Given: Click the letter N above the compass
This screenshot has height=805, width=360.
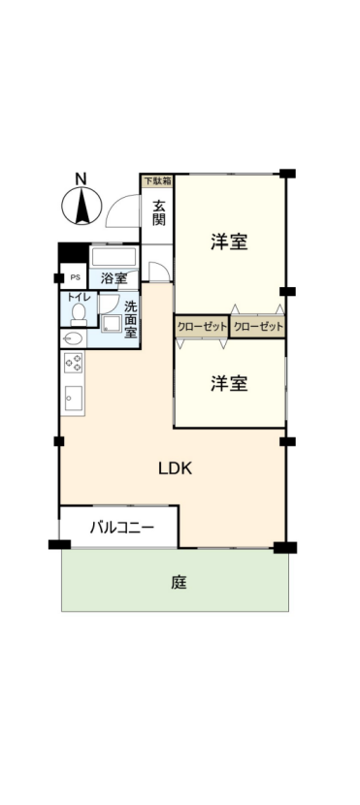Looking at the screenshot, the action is (x=81, y=179).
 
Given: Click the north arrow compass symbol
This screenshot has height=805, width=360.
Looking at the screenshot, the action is (x=82, y=206).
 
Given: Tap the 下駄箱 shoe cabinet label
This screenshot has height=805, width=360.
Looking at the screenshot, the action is (x=157, y=180).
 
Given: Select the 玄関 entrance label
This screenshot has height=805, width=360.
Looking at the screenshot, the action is (x=159, y=212).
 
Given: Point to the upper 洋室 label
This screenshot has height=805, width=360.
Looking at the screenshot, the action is (x=229, y=241).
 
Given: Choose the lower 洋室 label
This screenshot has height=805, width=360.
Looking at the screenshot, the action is (x=229, y=383).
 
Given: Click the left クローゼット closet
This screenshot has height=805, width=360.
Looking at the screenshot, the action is (x=201, y=327).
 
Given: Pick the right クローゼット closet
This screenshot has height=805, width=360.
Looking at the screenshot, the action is (x=257, y=327).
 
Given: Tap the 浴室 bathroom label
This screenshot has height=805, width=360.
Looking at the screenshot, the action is (x=114, y=278).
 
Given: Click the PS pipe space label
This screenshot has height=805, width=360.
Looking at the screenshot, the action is (x=75, y=277).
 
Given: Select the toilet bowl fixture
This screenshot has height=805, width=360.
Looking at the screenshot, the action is (x=79, y=314).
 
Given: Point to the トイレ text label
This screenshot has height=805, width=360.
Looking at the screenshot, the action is (x=76, y=297).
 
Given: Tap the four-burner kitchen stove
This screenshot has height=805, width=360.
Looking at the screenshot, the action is (x=73, y=363).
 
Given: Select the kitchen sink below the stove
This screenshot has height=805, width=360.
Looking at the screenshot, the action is (x=73, y=398).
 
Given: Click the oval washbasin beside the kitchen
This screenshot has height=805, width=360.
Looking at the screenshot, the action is (x=73, y=338).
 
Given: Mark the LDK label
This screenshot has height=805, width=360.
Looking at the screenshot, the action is (x=175, y=468).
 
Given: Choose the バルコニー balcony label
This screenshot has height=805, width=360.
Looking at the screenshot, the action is (x=121, y=528).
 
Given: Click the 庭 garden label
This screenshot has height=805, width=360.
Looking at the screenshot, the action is (x=179, y=583).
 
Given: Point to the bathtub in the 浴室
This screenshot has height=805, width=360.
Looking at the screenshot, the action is (x=114, y=258).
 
